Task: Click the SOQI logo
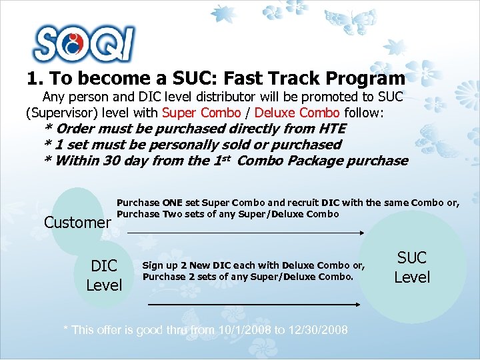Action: pyautogui.click(x=84, y=44)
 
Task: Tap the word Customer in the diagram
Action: pyautogui.click(x=77, y=222)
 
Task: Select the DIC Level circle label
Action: pyautogui.click(x=104, y=275)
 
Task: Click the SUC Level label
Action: pyautogui.click(x=412, y=267)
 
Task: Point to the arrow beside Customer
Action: pyautogui.click(x=244, y=232)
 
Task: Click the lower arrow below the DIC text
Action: pyautogui.click(x=253, y=304)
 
